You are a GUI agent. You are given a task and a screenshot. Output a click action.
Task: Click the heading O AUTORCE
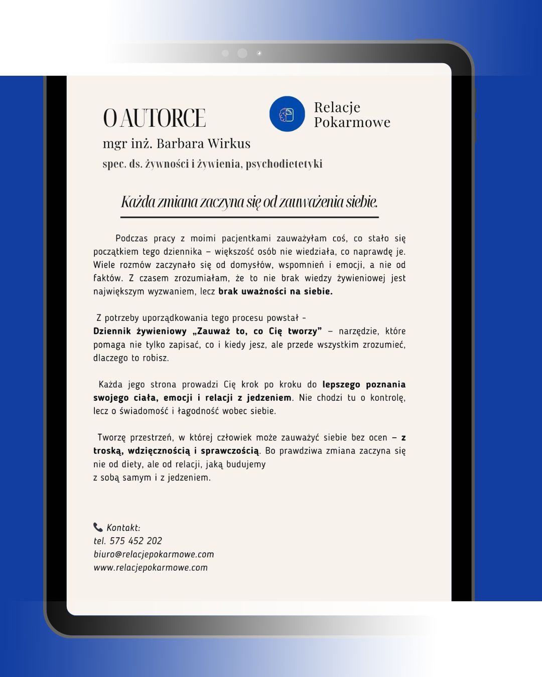154,118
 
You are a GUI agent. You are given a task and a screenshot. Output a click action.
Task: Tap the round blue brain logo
287,114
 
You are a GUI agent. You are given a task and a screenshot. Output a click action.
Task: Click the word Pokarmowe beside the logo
352,122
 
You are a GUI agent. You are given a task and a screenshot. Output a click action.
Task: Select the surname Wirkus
229,143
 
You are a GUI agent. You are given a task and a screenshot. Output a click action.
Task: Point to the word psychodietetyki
284,164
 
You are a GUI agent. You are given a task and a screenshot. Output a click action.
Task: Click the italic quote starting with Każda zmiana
249,202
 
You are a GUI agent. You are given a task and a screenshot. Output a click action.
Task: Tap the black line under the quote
249,217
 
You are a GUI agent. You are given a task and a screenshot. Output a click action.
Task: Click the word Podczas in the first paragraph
131,238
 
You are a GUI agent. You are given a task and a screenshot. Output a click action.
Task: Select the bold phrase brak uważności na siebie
276,291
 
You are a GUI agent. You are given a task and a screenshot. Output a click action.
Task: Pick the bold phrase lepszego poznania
364,385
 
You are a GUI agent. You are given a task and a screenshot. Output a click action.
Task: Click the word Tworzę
111,437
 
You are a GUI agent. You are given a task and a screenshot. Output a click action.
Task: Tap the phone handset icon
98,527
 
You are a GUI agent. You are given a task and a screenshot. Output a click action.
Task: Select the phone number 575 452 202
135,541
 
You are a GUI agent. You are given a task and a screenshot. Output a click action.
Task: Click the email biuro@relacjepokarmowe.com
154,554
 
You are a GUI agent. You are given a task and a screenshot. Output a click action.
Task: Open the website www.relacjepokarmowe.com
151,568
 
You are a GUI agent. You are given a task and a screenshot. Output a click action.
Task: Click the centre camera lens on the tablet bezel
242,53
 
